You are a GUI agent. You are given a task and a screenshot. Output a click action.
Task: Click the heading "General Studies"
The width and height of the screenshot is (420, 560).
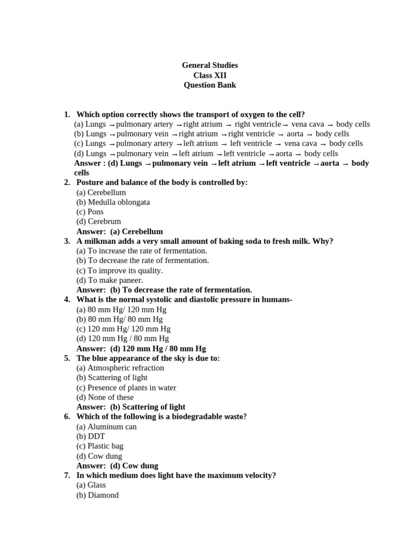point(210,66)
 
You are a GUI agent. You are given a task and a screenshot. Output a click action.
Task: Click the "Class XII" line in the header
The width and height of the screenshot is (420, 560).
point(210,75)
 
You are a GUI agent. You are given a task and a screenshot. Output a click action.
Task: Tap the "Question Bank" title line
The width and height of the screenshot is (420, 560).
point(210,85)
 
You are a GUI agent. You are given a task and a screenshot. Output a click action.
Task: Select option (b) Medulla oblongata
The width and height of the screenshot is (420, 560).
point(113,202)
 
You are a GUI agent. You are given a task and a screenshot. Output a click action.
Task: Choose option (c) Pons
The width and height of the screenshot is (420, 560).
point(90,212)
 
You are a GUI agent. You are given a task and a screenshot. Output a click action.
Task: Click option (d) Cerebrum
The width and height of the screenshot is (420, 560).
point(99,221)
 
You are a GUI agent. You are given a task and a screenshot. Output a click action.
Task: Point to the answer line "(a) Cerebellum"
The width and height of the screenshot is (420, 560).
point(120,231)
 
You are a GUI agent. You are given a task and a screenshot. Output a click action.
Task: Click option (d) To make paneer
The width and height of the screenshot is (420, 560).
point(109,280)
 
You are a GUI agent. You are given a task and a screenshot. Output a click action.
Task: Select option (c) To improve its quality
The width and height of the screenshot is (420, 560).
point(120,271)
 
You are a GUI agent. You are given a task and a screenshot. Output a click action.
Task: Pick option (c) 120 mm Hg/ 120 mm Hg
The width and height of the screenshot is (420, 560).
point(124,329)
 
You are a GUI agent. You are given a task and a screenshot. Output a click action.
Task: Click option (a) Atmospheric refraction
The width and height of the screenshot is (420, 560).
point(120,368)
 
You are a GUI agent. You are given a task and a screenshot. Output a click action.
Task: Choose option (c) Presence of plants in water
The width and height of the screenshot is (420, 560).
point(126,388)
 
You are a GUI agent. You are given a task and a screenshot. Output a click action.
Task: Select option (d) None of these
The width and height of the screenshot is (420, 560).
point(105,398)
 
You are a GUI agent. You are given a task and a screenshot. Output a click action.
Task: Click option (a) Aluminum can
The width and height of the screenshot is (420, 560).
point(107,427)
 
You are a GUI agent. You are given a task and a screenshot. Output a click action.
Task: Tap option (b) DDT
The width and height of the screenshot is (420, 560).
point(90,436)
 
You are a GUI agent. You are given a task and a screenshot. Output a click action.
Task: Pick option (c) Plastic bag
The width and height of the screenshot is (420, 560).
point(100,446)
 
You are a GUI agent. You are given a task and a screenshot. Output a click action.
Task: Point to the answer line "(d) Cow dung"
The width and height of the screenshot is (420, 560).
point(118,466)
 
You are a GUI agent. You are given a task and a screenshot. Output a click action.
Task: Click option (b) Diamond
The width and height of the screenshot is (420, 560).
point(97,495)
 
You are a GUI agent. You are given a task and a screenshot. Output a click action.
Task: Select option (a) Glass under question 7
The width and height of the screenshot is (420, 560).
point(91,485)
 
